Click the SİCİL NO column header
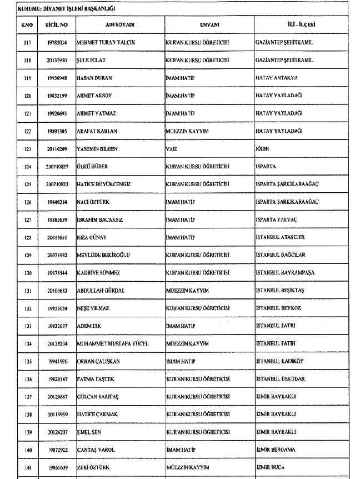pyautogui.click(x=57, y=25)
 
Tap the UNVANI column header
pyautogui.click(x=209, y=25)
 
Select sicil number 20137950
pyautogui.click(x=57, y=60)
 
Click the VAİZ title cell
pyautogui.click(x=171, y=149)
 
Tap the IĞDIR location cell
pyautogui.click(x=266, y=149)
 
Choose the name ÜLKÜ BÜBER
pyautogui.click(x=93, y=167)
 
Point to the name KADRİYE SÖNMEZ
pyautogui.click(x=98, y=273)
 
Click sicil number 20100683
pyautogui.click(x=57, y=291)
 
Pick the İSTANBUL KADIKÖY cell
pyautogui.click(x=279, y=361)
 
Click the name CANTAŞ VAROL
pyautogui.click(x=96, y=450)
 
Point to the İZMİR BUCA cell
pyautogui.click(x=270, y=468)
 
